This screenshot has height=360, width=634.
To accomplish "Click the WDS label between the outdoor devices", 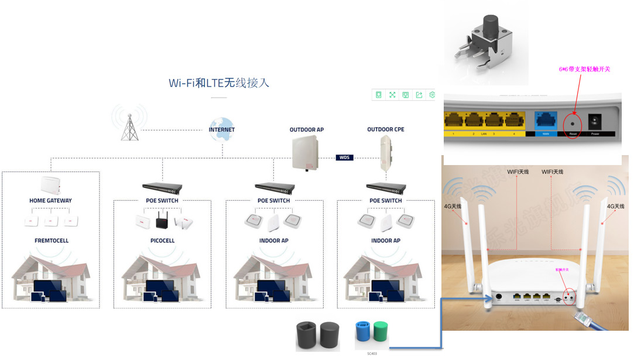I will click(x=345, y=157).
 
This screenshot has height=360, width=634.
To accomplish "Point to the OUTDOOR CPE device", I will click(x=385, y=153).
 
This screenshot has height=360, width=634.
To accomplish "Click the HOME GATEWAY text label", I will click(x=50, y=201).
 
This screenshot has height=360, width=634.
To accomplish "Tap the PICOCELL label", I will click(x=162, y=241).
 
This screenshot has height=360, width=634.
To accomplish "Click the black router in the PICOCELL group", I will click(x=162, y=222).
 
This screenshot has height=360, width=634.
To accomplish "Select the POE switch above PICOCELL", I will click(x=162, y=187).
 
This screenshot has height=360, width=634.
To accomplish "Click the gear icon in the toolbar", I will click(x=432, y=95).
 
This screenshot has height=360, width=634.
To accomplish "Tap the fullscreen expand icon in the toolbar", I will click(x=392, y=95).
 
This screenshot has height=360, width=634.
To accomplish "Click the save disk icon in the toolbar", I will click(x=406, y=95).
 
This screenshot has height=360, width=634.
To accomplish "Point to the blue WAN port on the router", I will click(x=546, y=121).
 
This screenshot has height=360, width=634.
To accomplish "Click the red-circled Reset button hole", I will click(x=572, y=123).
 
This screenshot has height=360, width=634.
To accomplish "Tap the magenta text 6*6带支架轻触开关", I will click(x=584, y=69).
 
